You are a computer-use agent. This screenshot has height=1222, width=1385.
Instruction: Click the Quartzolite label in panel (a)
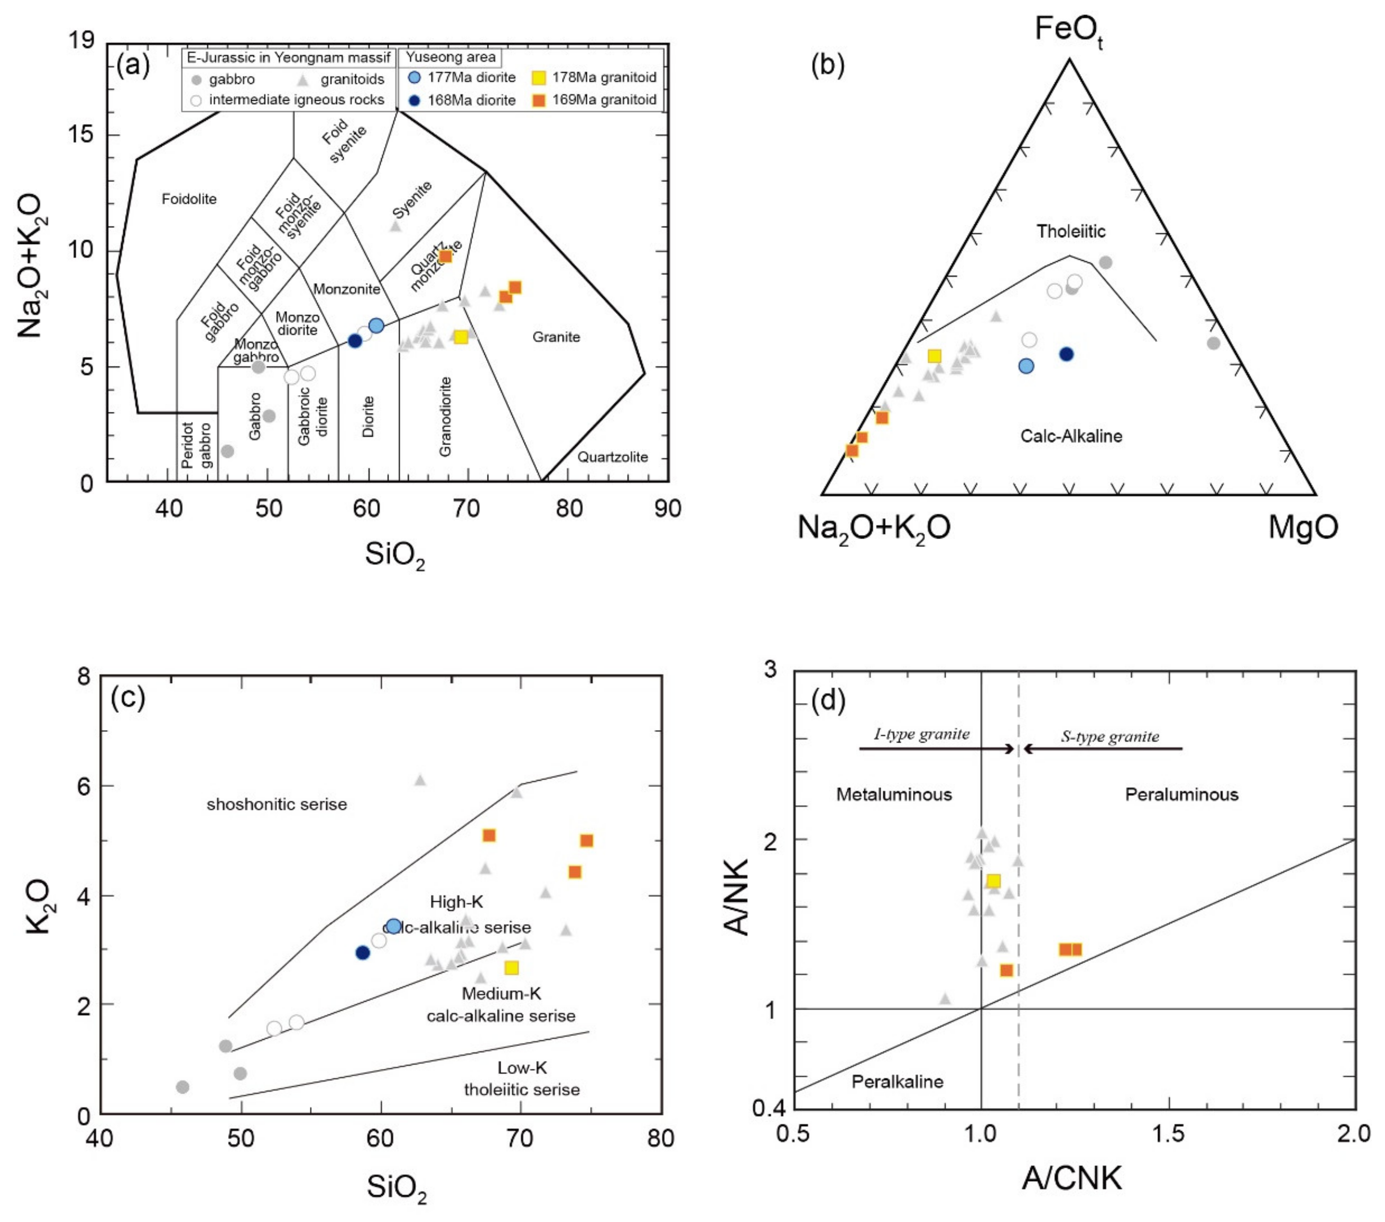[x=613, y=457]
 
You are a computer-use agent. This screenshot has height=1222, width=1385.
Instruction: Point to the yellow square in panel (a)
[x=461, y=337]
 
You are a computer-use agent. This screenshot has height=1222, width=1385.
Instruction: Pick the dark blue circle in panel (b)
[x=1067, y=354]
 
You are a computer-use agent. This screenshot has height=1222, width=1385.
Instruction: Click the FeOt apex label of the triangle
[x=1069, y=30]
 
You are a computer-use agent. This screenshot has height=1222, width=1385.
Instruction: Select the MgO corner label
[x=1303, y=527]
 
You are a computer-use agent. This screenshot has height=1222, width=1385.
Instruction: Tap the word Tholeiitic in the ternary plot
[x=1071, y=232]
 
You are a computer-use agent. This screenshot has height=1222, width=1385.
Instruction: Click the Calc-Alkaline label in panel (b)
[x=1071, y=436]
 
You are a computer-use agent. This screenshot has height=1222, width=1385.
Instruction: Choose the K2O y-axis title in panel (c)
[x=39, y=906]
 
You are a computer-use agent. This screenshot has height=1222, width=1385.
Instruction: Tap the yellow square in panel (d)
[x=993, y=881]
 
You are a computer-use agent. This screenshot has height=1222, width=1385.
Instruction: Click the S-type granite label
[x=1110, y=736]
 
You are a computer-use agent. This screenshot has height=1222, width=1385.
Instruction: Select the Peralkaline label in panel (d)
[x=897, y=1081]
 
